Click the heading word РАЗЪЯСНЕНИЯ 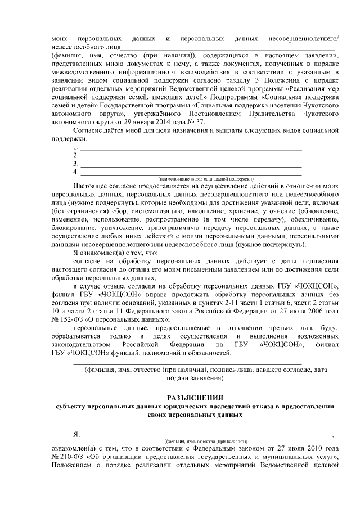click(x=194, y=397)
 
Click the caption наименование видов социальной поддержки click(x=206, y=178)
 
